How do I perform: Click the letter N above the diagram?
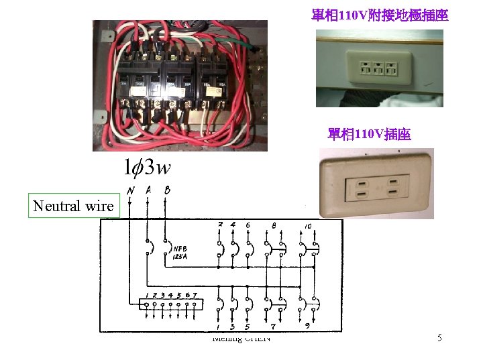coord(130,190)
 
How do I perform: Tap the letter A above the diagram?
coord(148,190)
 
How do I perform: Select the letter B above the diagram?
coord(166,190)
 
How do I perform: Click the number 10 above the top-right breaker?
coord(307,225)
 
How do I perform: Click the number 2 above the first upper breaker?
coord(221,225)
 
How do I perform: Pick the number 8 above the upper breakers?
coord(274,226)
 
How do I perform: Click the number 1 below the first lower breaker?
coord(220,326)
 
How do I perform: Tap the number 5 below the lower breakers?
coord(248,326)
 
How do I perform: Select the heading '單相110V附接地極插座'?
coord(380,14)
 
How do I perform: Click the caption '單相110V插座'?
coord(370,135)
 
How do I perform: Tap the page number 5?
coord(439,339)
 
